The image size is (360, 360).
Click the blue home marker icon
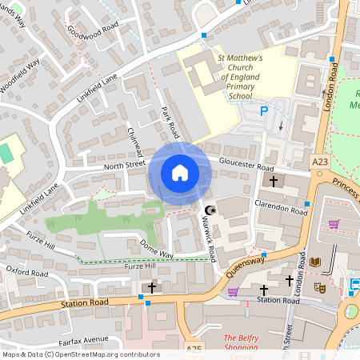point(180,173)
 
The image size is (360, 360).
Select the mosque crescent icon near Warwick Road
point(210,210)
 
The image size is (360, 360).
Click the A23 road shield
point(320,162)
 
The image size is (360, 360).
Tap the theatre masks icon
point(320,286)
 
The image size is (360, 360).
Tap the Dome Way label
point(156,248)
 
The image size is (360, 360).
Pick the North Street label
point(123,165)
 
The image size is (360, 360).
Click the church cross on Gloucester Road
point(273,182)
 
